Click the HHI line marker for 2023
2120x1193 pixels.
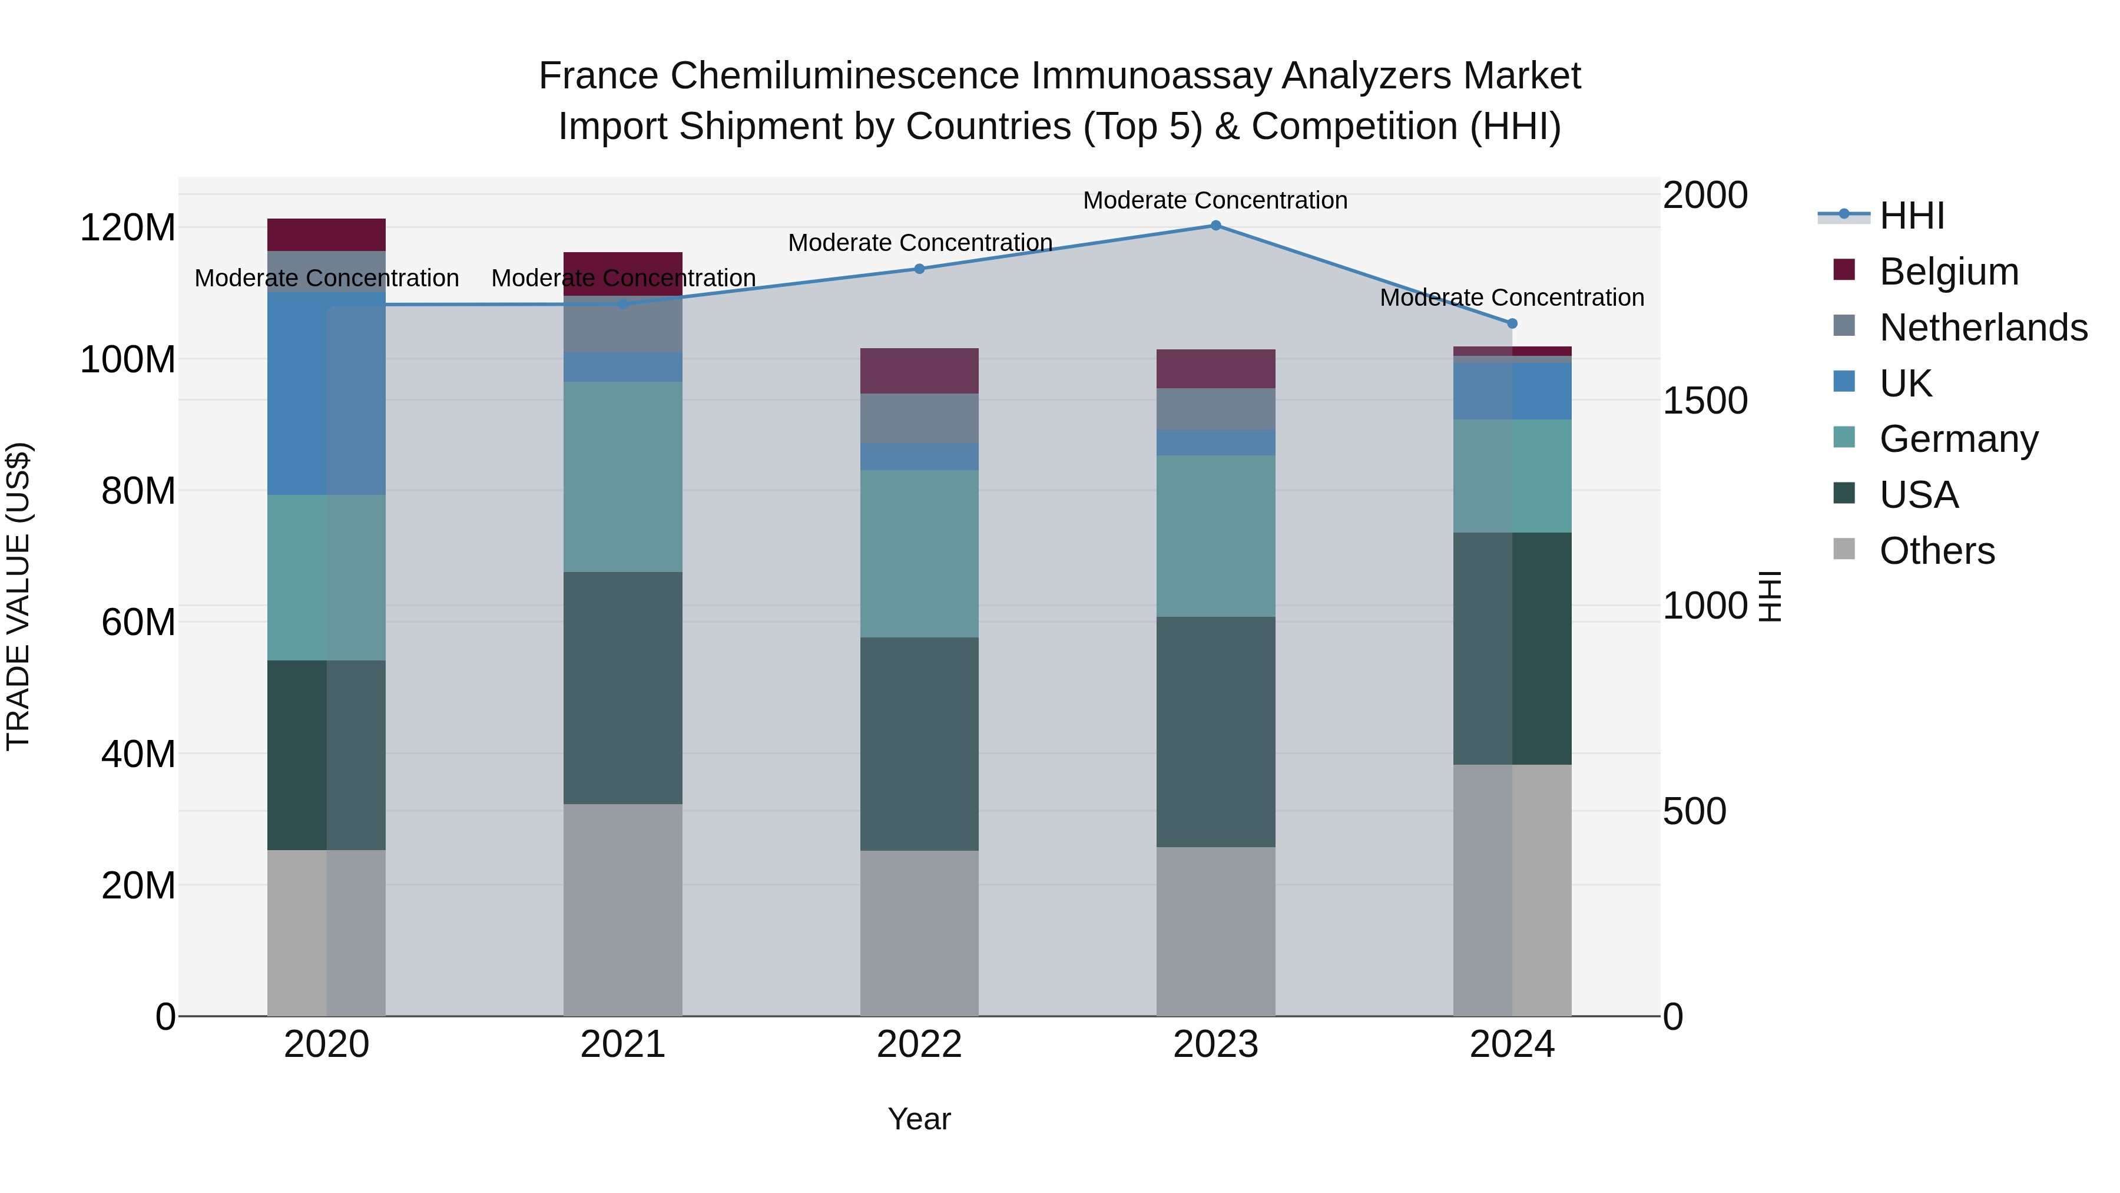pos(1215,226)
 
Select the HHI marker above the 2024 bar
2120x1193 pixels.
pos(1512,323)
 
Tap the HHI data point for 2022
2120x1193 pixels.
pos(920,269)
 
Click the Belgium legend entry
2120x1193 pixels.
pos(1948,272)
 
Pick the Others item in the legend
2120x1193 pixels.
pos(1936,551)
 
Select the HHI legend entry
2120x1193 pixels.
pos(1911,216)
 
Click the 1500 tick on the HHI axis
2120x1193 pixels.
pos(1704,401)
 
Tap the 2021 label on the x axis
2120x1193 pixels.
pos(623,1045)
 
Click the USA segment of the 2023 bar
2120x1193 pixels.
pos(1215,731)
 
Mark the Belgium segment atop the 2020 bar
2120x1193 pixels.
pos(327,234)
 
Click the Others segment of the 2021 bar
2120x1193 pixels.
pos(623,909)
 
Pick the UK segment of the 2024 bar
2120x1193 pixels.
pos(1512,391)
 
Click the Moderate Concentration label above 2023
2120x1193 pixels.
pos(1215,200)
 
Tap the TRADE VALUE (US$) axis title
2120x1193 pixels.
pos(18,596)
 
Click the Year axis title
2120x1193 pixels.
pos(919,1119)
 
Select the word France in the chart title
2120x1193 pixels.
pos(598,77)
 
